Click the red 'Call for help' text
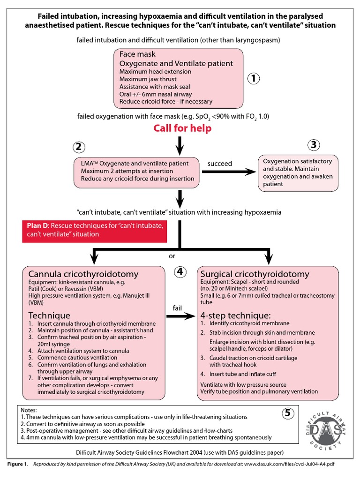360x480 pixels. point(182,128)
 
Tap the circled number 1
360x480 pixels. point(253,78)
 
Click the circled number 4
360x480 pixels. point(180,272)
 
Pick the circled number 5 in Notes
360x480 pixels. point(289,413)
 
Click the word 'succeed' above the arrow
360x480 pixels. point(220,164)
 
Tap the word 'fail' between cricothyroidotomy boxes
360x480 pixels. point(177,307)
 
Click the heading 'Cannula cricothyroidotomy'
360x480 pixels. point(83,274)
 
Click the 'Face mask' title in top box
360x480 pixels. point(137,54)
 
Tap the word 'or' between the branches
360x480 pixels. point(172,256)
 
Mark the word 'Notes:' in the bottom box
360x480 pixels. point(29,410)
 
